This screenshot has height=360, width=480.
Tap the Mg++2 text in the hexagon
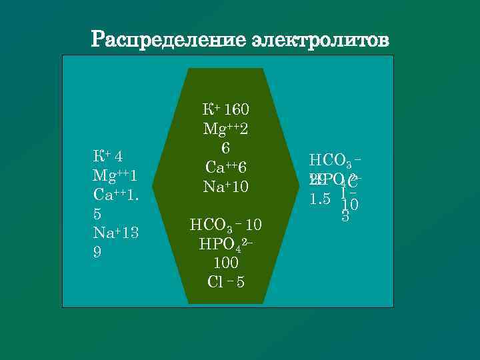225,128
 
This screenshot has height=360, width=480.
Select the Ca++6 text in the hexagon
225,167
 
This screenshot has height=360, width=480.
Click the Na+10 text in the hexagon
225,186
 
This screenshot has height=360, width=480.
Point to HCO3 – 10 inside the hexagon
225,225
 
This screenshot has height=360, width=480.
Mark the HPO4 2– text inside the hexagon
225,244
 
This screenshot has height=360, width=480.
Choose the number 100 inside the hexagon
225,263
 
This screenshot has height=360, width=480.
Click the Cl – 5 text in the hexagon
225,282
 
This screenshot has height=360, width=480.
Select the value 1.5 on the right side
321,199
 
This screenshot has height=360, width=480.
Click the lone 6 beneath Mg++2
225,147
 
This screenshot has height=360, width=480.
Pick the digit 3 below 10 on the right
345,217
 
